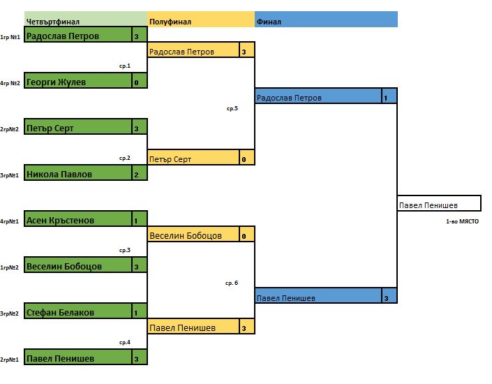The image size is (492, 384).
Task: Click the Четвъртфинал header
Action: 52,22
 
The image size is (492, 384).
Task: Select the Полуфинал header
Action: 171,22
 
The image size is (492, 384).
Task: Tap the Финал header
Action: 269,22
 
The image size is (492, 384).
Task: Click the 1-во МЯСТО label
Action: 463,222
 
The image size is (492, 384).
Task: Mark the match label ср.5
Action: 232,109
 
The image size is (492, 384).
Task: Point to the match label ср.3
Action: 125,250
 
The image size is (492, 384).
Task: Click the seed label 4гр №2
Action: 10,82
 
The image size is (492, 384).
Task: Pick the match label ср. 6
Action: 232,283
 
